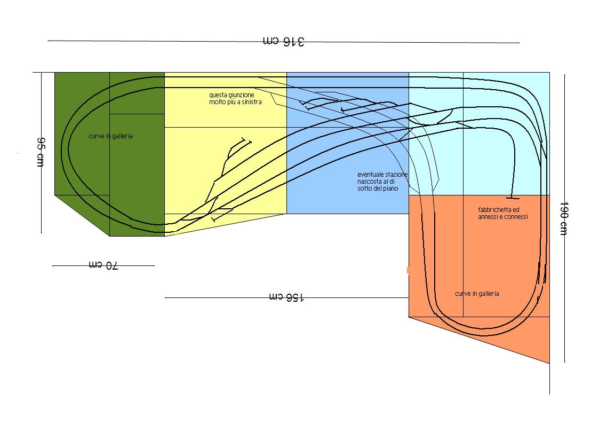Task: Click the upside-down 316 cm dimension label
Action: (283, 41)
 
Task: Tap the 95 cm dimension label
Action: (39, 152)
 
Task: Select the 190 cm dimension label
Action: (563, 218)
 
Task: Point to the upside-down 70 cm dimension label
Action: (103, 265)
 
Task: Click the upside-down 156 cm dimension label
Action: (287, 297)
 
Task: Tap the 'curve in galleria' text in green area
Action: (110, 136)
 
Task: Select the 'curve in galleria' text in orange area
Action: (477, 294)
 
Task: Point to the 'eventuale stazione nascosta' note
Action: (382, 182)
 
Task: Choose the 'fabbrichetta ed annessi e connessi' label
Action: (502, 213)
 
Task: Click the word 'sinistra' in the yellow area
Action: (251, 102)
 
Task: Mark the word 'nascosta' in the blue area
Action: (370, 182)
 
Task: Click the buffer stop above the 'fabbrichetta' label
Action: (512, 197)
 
